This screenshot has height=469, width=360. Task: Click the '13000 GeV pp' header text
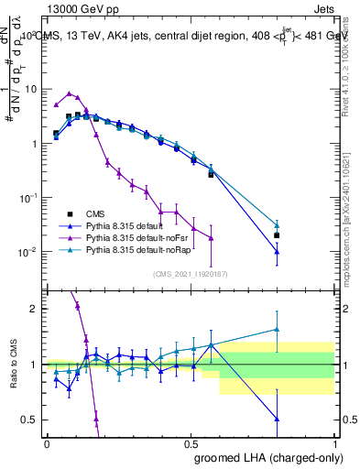(x=83, y=8)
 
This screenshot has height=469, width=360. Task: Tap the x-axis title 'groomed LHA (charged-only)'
(x=265, y=457)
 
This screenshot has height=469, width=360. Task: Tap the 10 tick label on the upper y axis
(x=31, y=89)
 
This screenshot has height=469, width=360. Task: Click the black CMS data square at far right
(x=277, y=235)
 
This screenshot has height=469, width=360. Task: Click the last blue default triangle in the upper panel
(x=277, y=251)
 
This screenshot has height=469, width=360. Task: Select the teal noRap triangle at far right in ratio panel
(x=277, y=329)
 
